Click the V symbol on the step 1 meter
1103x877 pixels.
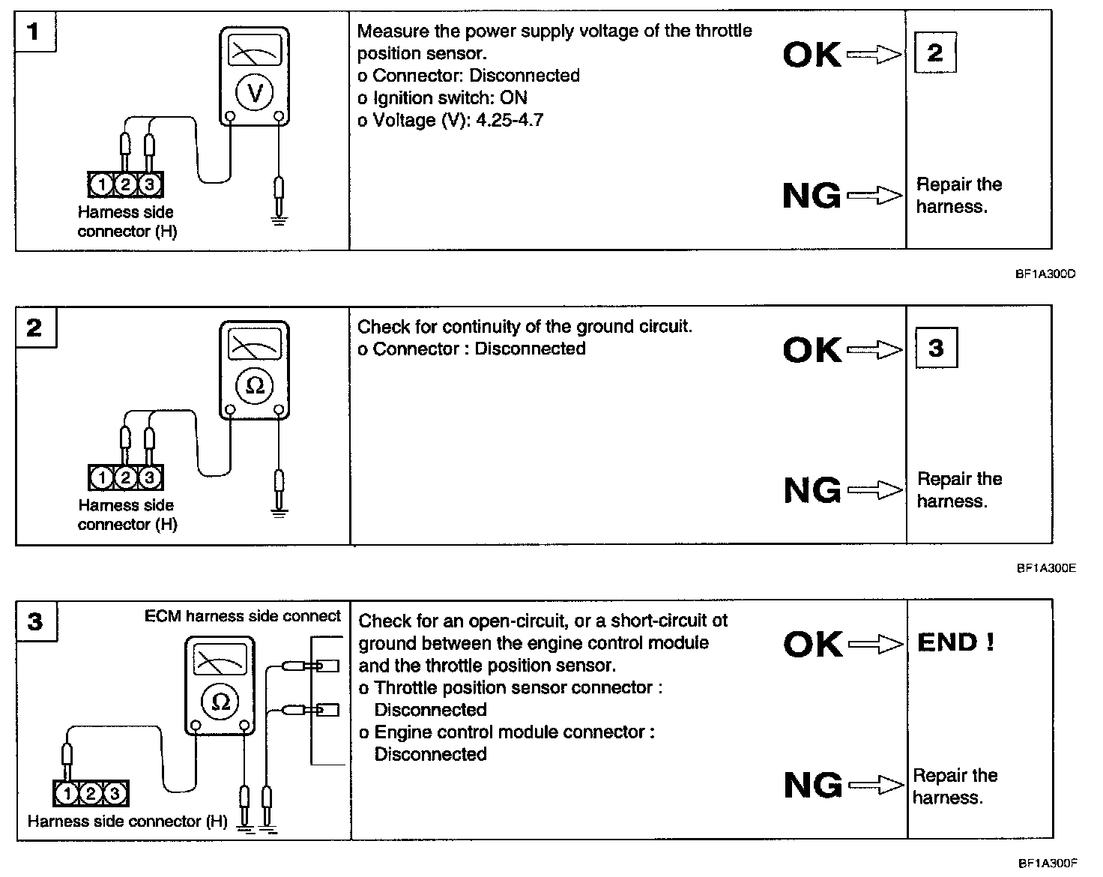pos(255,92)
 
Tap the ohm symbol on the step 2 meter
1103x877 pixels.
pos(255,385)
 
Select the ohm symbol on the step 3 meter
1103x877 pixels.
pos(220,702)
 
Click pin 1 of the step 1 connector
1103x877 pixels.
pos(100,184)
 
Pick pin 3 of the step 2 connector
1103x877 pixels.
pos(150,477)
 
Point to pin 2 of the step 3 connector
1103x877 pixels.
pos(91,793)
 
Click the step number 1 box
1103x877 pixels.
pos(34,33)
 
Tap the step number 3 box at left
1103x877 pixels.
pos(35,621)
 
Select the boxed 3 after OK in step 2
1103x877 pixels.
pos(936,348)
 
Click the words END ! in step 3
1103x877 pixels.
pos(955,642)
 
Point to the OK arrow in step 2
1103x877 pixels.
pos(874,349)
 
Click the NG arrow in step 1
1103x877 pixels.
pos(874,196)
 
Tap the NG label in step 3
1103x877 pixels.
pos(812,786)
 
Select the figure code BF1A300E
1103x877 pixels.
pos(1046,568)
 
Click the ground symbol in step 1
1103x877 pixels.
pos(279,219)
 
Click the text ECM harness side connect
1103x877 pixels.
pos(242,616)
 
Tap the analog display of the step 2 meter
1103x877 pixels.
pos(255,346)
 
